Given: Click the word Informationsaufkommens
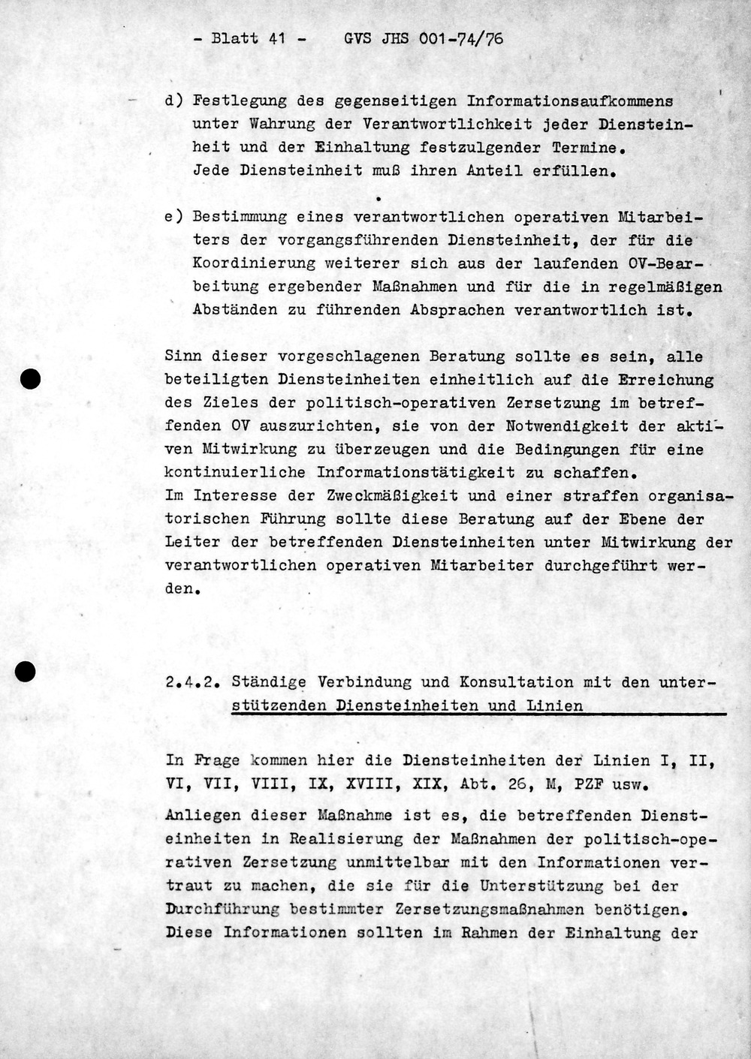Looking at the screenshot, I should tap(570, 101).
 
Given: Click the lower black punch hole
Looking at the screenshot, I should tap(26, 672).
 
